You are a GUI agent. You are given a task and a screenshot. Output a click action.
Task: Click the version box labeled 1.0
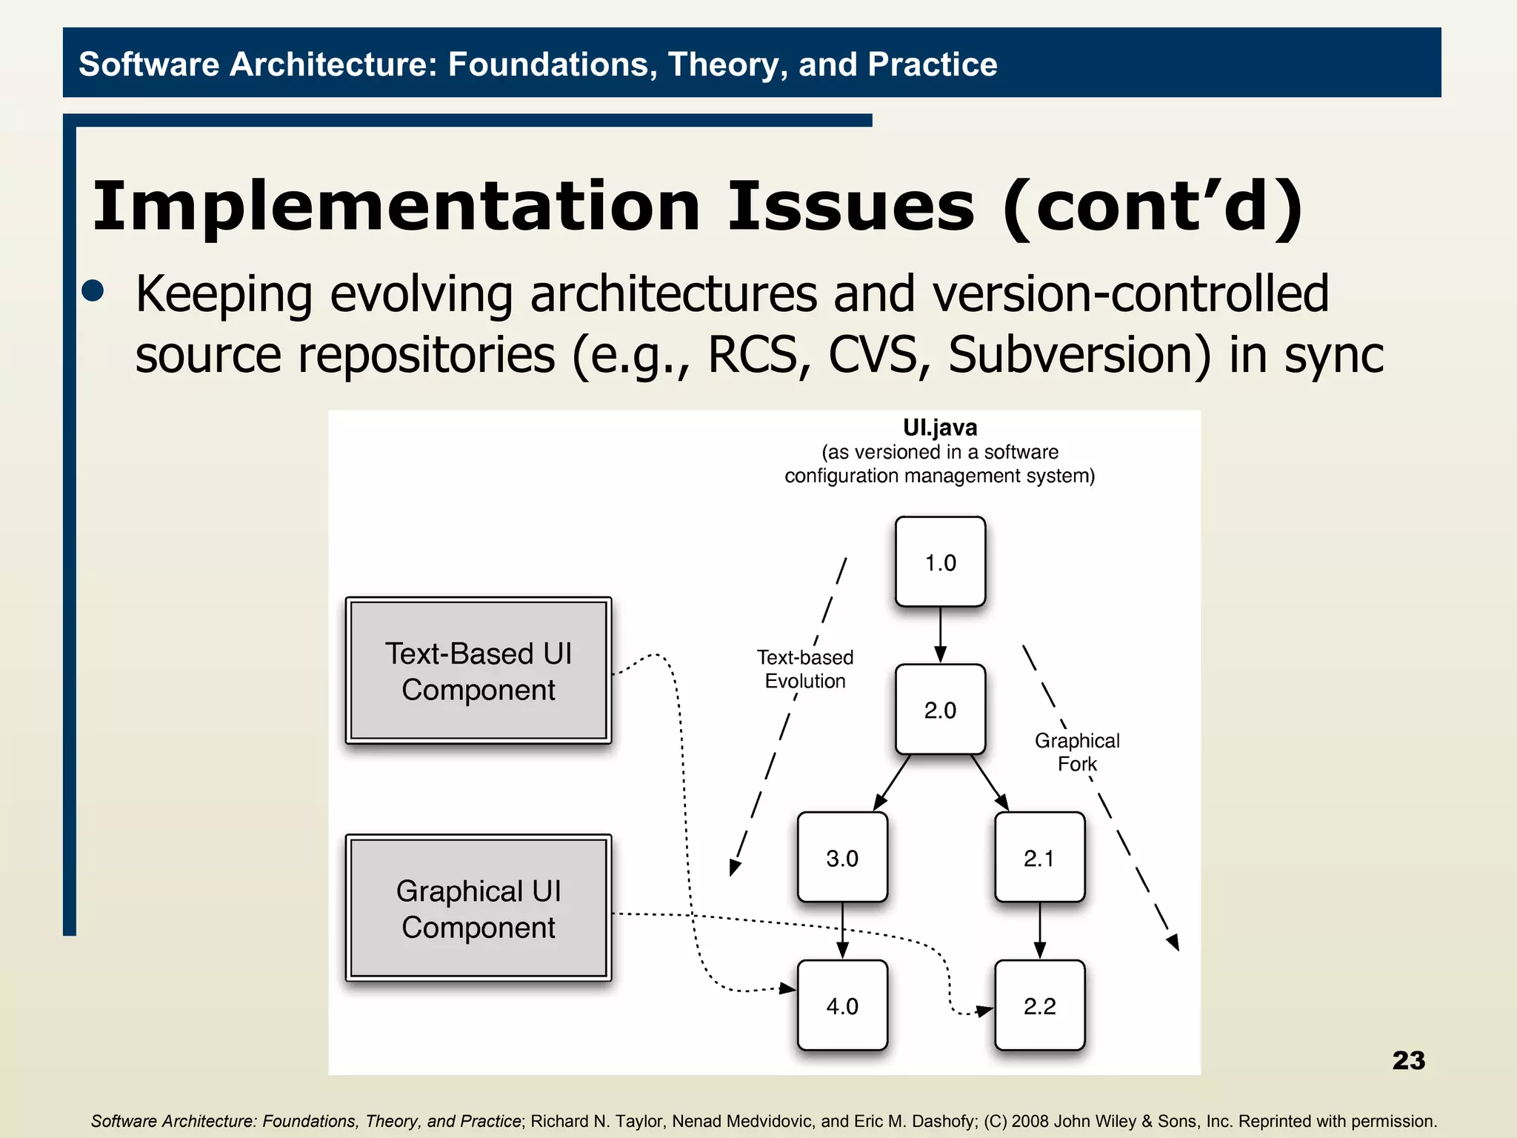click(x=940, y=562)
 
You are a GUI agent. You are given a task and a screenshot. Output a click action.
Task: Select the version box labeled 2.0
click(x=940, y=709)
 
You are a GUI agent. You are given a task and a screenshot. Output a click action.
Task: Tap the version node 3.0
click(x=842, y=857)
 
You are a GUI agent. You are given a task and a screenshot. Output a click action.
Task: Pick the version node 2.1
click(x=1039, y=857)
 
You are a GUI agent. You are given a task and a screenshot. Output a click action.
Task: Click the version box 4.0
click(x=842, y=1005)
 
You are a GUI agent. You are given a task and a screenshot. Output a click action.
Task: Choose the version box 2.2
click(x=1039, y=1005)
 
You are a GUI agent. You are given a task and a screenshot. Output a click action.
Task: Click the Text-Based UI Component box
click(x=479, y=671)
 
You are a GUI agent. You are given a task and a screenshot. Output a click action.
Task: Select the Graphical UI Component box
click(x=479, y=908)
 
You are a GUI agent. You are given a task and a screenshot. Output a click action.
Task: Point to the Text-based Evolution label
click(x=805, y=669)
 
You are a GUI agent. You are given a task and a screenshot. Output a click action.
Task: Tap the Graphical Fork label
click(x=1077, y=752)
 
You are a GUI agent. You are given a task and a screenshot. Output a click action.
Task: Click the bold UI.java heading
click(x=940, y=427)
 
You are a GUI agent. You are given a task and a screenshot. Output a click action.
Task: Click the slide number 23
click(x=1408, y=1060)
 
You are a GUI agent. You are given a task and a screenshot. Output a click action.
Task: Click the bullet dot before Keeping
click(x=93, y=290)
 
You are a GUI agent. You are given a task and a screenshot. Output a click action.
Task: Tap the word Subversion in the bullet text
click(x=1079, y=354)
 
